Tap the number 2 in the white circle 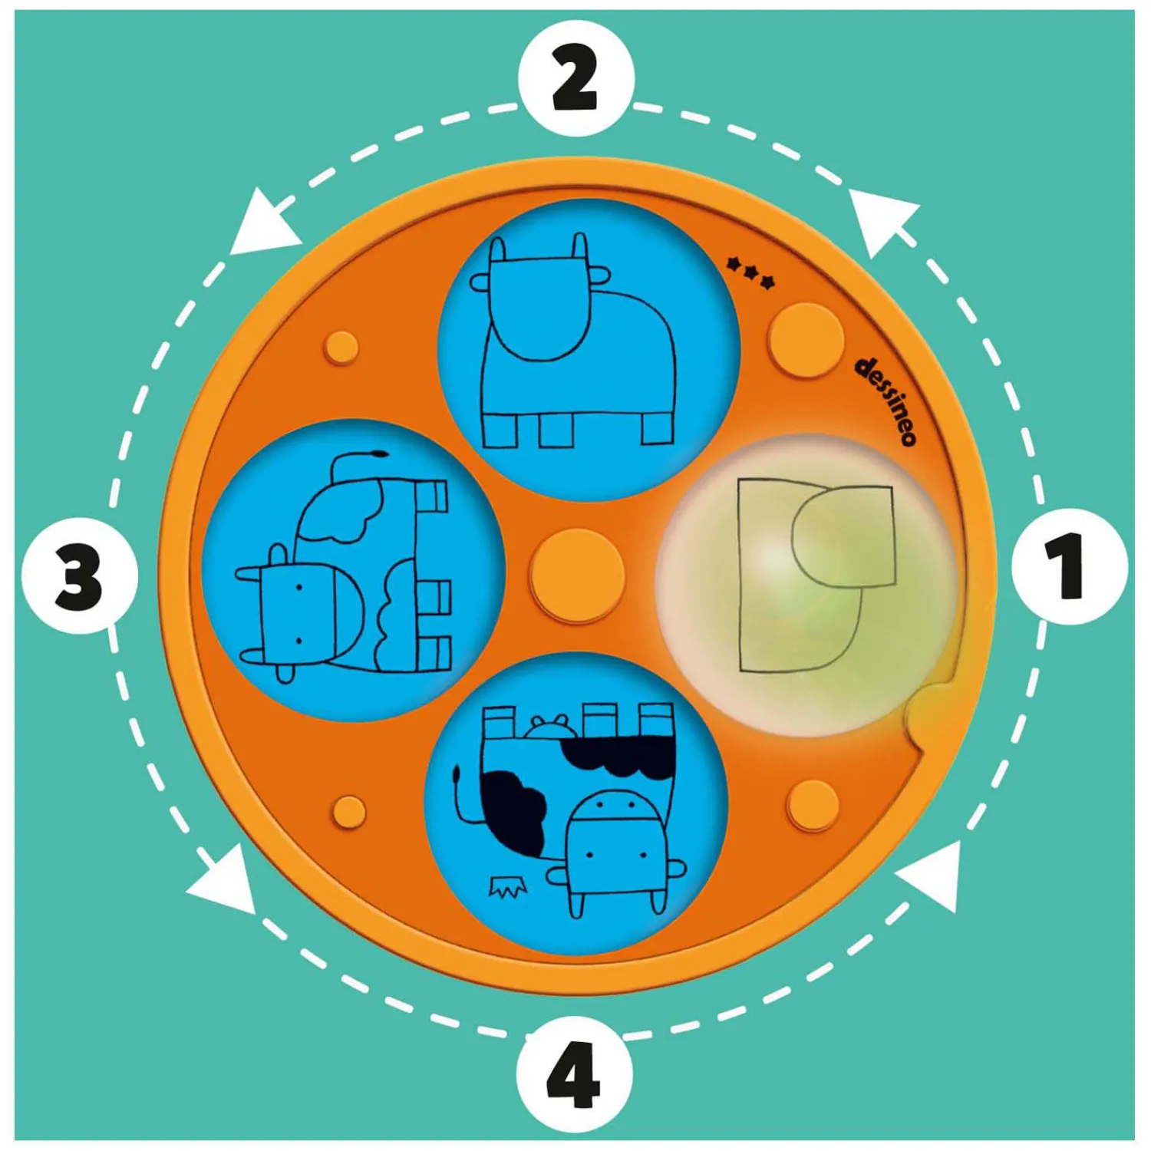coord(575,78)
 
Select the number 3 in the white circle coord(79,578)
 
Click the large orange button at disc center coord(577,575)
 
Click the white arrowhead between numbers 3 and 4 coord(223,882)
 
